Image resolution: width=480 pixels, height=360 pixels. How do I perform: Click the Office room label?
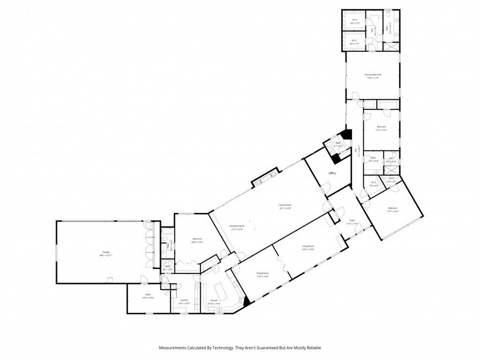point(332,173)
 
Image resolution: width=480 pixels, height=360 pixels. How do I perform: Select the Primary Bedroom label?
point(373,75)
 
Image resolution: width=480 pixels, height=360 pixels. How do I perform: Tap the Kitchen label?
point(214,300)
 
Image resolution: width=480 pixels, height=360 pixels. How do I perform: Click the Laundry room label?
point(184,300)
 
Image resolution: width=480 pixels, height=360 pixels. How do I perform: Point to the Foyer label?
point(352,220)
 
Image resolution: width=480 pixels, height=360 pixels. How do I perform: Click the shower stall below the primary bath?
point(391,46)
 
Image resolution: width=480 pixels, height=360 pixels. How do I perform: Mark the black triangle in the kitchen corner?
point(247,302)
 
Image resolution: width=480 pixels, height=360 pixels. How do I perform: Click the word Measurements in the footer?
point(174,348)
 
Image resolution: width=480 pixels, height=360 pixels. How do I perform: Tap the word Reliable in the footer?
point(313,348)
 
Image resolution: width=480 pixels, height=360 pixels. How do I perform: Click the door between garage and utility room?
point(143,280)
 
